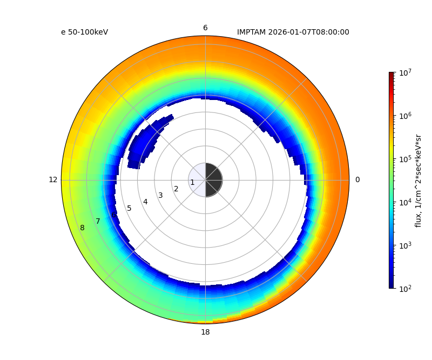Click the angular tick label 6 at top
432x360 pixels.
[x=205, y=28]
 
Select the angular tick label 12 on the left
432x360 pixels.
[x=53, y=180]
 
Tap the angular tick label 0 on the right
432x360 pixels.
[x=357, y=180]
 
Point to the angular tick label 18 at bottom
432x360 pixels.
[x=205, y=332]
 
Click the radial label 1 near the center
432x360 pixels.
[x=192, y=183]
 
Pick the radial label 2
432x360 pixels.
[x=176, y=189]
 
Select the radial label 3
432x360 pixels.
[x=160, y=196]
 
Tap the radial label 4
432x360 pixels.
[x=145, y=202]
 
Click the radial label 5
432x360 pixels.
[x=129, y=209]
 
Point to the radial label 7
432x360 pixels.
[x=98, y=222]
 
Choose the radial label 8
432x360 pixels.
[x=82, y=228]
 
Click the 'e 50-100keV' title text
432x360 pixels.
[x=84, y=32]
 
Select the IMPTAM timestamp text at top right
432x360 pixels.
[x=293, y=32]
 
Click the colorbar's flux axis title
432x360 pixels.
[x=418, y=180]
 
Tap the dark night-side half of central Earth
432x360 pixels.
[x=213, y=180]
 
